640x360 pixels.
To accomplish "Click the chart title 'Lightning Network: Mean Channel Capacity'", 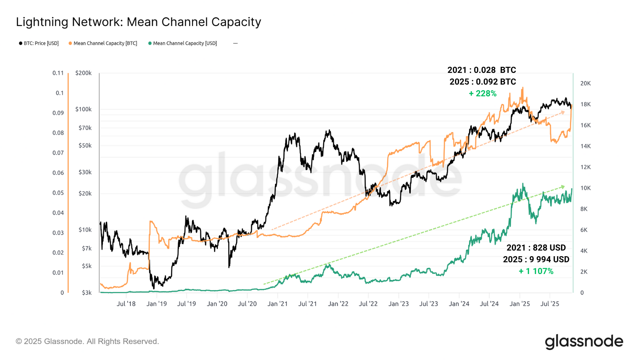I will click(138, 22).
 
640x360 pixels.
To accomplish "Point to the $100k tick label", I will click(83, 109).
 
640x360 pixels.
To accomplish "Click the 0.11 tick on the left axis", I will click(58, 73).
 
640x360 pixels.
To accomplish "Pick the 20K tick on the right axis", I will click(585, 83).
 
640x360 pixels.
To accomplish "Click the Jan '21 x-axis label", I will click(277, 304).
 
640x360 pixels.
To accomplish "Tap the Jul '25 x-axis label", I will click(550, 304).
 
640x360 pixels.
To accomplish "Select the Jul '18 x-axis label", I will click(126, 304).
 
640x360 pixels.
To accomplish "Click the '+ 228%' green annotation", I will click(482, 93).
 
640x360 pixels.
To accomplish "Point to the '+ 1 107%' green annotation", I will click(536, 271).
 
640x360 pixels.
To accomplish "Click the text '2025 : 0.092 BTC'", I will click(482, 82).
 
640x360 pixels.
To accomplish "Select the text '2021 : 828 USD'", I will click(536, 248).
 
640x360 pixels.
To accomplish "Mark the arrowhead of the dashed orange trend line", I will click(563, 112).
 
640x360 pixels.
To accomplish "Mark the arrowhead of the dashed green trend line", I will click(563, 187).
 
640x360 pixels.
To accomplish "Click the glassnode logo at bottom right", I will click(584, 342).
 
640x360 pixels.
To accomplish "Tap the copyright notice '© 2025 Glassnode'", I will click(87, 342).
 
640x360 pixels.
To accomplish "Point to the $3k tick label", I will click(87, 293).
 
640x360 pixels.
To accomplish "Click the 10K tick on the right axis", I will click(585, 188).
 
